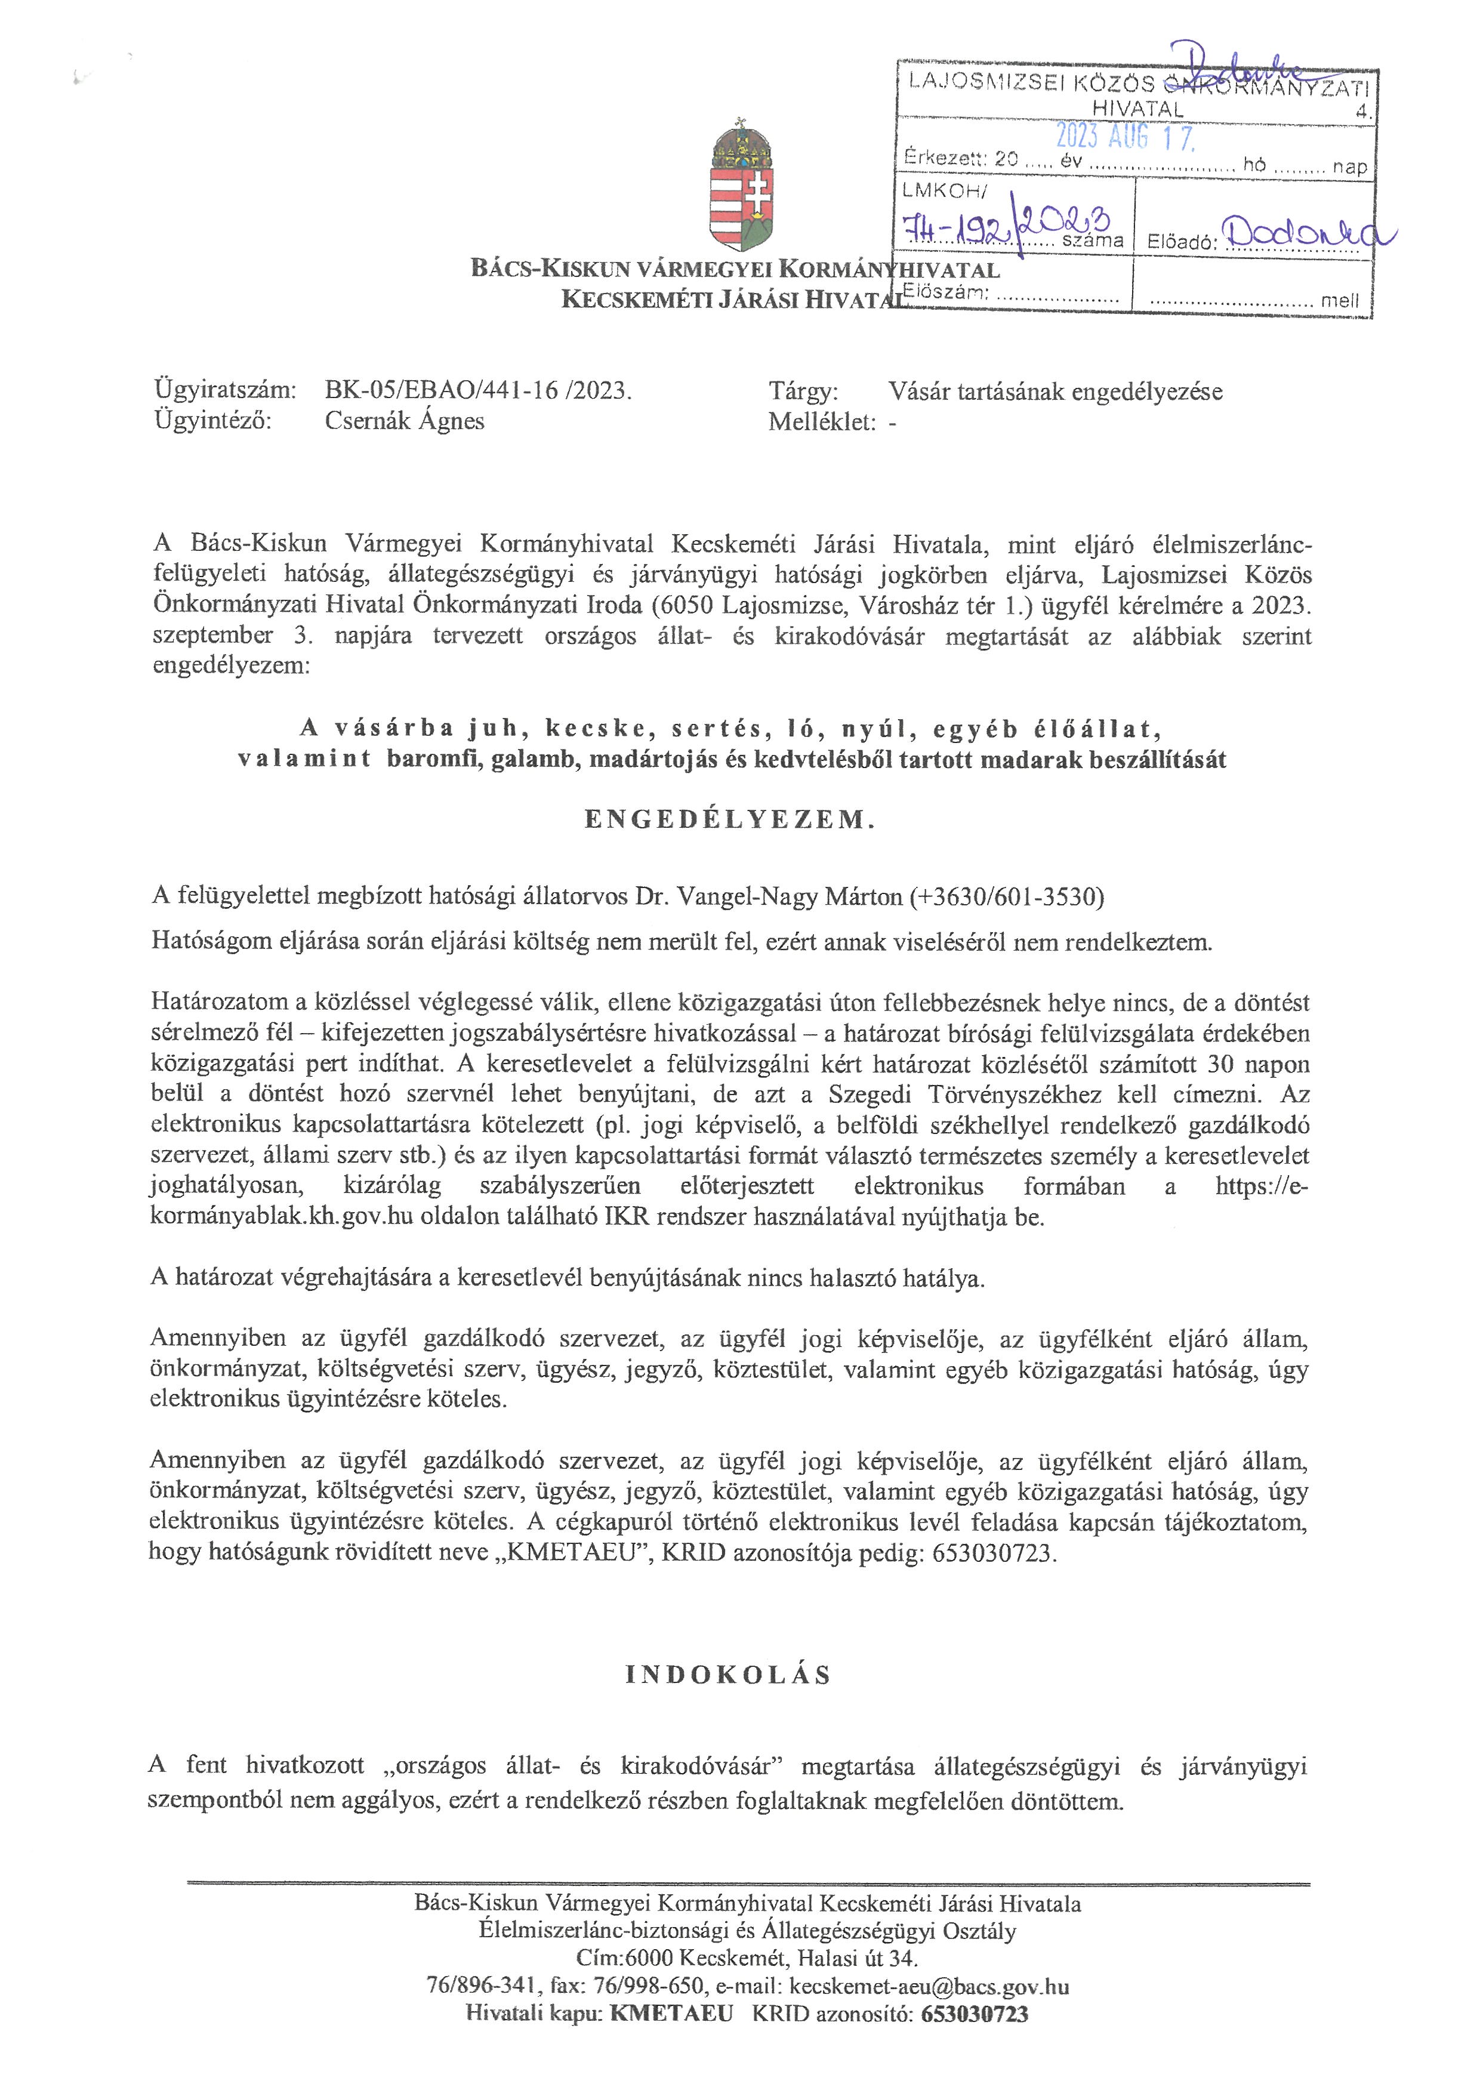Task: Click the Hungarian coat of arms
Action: pyautogui.click(x=741, y=186)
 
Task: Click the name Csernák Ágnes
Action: pyautogui.click(x=405, y=421)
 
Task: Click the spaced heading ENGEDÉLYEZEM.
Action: pyautogui.click(x=730, y=819)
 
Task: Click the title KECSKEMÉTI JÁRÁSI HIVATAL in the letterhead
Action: pyautogui.click(x=729, y=299)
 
